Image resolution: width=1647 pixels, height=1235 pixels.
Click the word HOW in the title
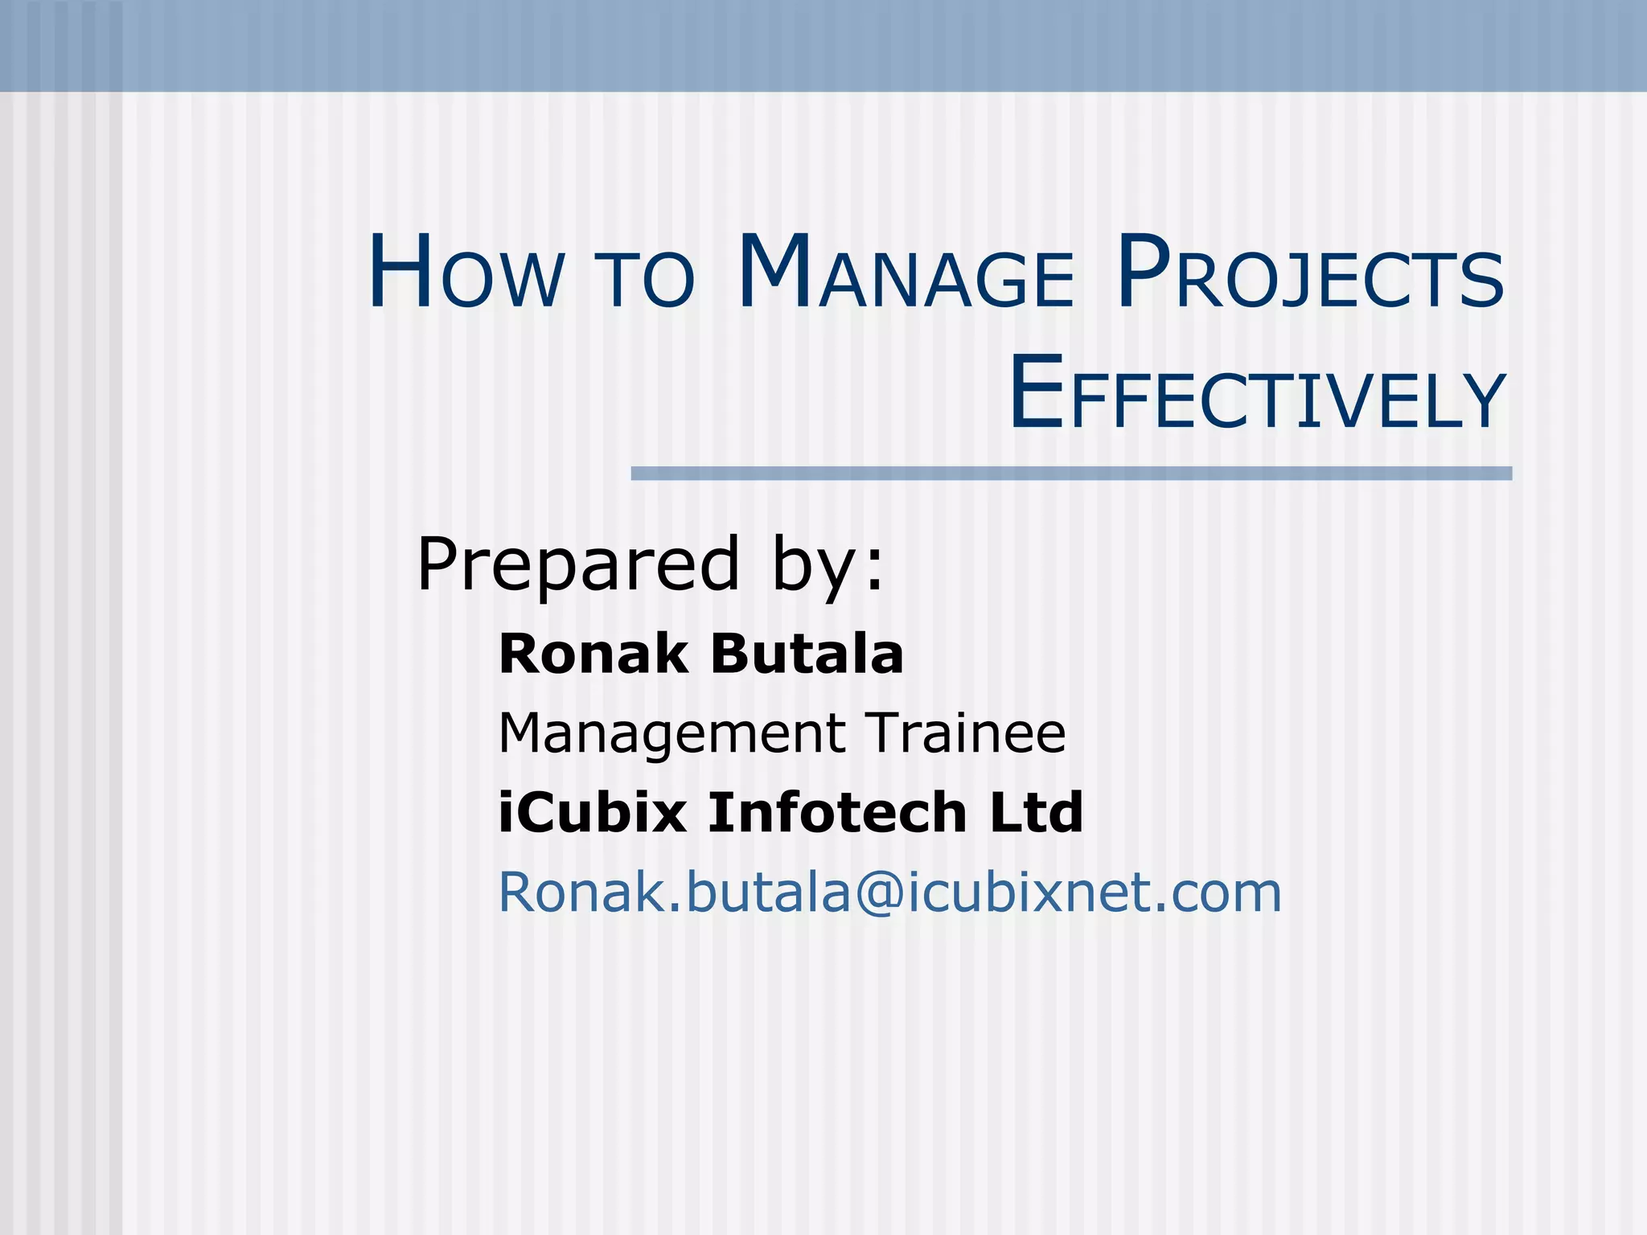pos(467,273)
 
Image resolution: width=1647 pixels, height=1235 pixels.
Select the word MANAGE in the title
pos(906,273)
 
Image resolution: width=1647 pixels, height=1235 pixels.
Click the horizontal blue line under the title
pos(1071,474)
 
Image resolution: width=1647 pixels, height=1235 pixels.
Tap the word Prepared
pos(577,565)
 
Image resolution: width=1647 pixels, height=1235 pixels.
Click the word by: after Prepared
pos(828,565)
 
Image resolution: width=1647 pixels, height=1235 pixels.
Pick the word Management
pos(672,734)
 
